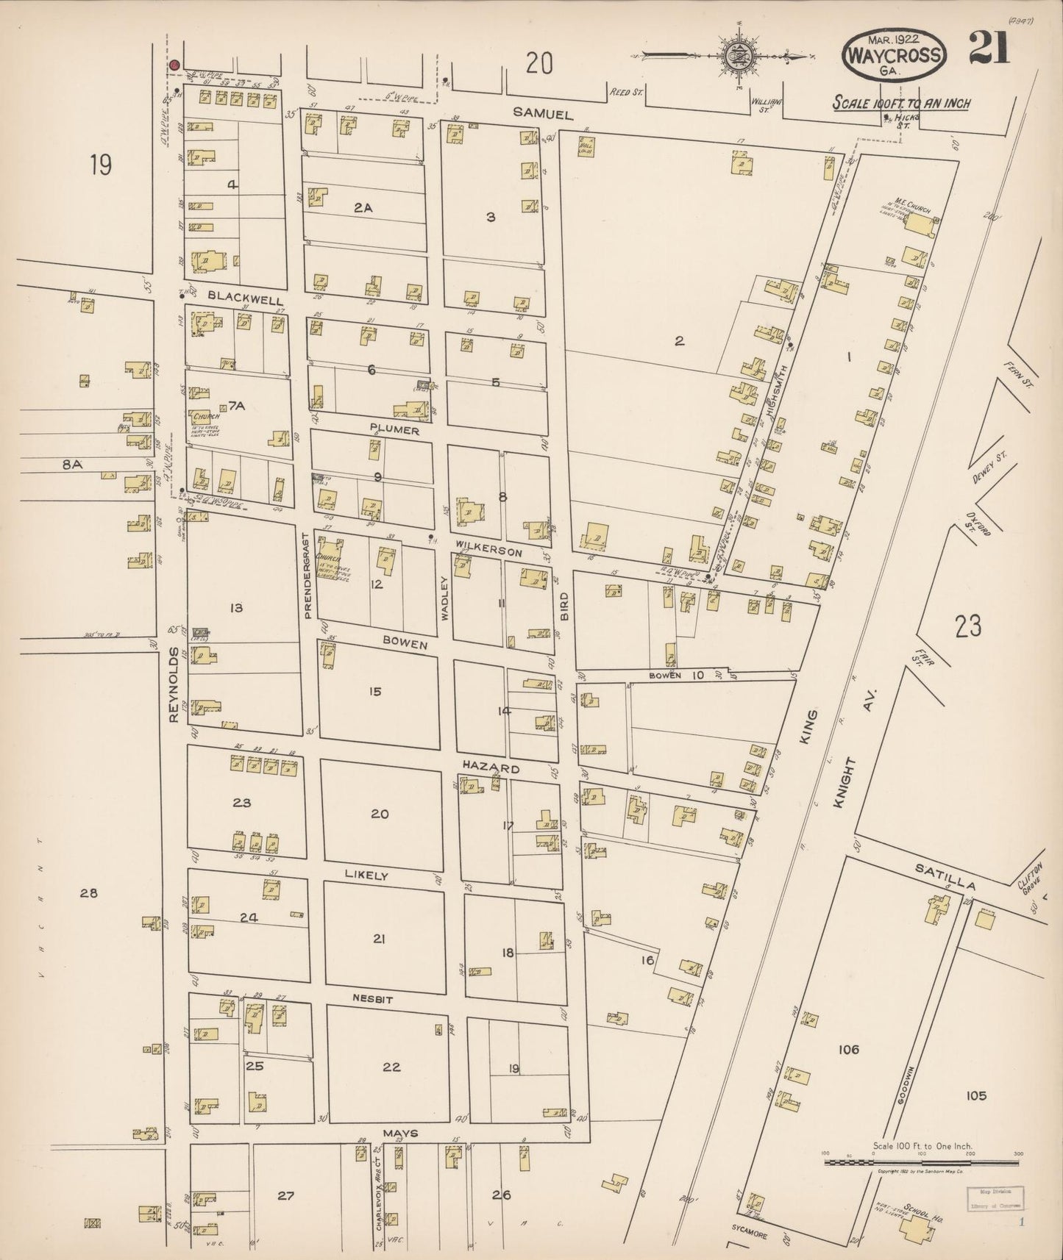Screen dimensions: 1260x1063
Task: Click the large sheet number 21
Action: click(x=989, y=48)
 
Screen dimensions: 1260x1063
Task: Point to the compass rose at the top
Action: click(x=735, y=55)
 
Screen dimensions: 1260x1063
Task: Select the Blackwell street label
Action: click(x=235, y=296)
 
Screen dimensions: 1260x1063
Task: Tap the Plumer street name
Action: click(x=394, y=431)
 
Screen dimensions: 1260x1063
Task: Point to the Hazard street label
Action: click(x=491, y=768)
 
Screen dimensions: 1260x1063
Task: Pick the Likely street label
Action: click(x=366, y=876)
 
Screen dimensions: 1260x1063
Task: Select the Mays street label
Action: click(x=399, y=1133)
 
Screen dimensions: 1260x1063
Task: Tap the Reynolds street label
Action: click(x=174, y=685)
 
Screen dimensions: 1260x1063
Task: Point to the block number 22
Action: click(x=391, y=1067)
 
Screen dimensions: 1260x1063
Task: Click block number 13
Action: click(x=235, y=607)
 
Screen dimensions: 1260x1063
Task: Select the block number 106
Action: click(x=848, y=1049)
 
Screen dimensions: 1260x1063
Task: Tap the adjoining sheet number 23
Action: click(x=968, y=626)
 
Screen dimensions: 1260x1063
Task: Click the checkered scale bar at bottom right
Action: click(x=922, y=1163)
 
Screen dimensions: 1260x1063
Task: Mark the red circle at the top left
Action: click(x=174, y=65)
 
